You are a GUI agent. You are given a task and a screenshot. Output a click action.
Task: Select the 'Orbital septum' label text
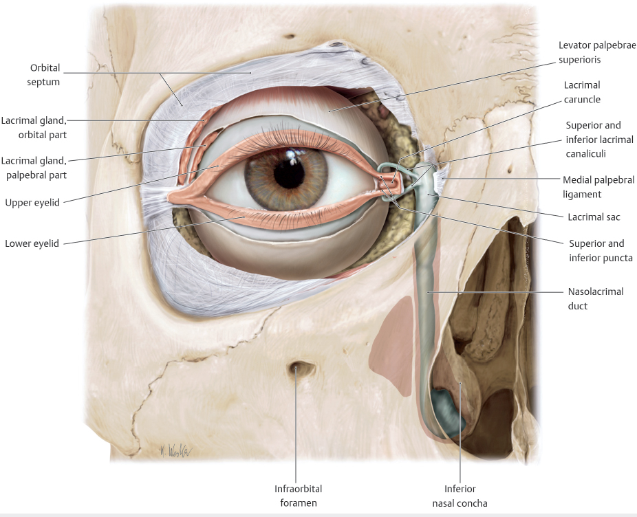click(45, 74)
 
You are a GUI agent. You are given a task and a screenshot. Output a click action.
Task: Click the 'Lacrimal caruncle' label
click(582, 92)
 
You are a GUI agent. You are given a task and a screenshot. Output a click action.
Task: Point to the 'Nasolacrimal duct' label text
click(596, 298)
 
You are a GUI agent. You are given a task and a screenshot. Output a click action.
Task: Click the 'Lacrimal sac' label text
click(594, 217)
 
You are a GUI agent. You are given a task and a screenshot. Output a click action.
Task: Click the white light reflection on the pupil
click(291, 159)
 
